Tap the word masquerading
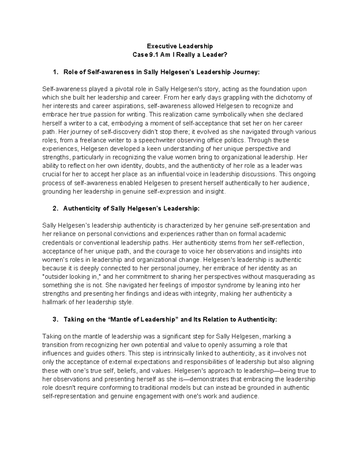tap(289, 277)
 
